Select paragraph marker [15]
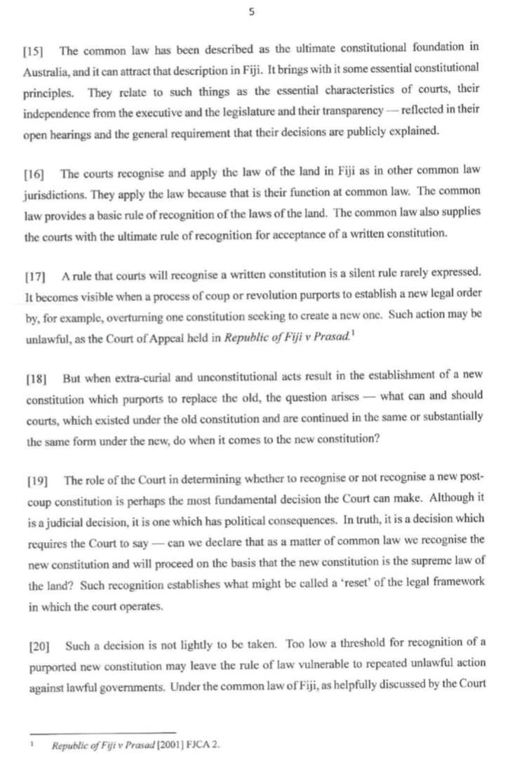34,51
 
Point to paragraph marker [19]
34,480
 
